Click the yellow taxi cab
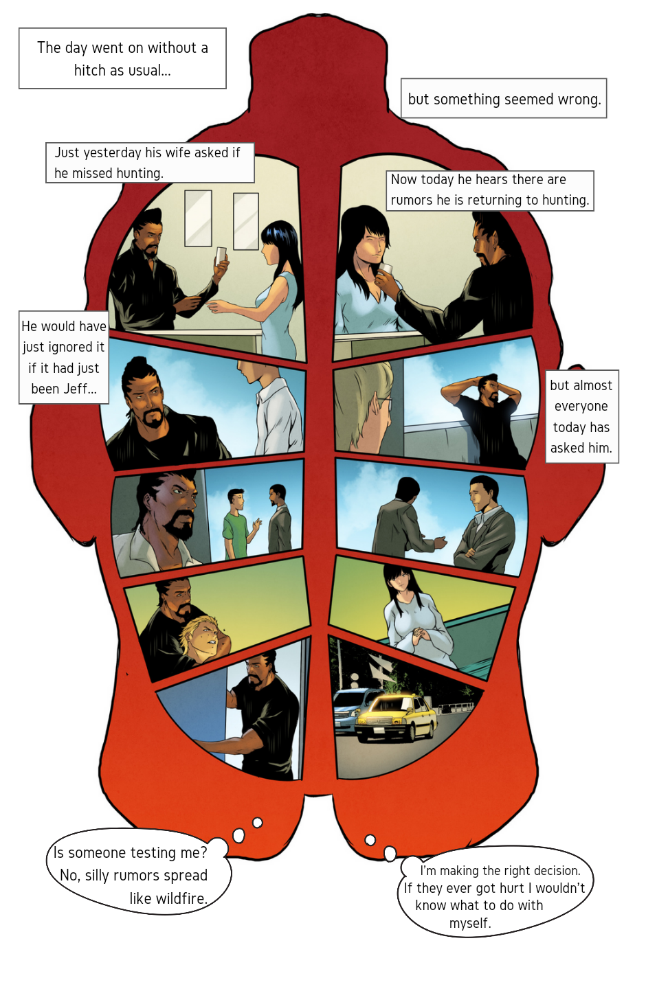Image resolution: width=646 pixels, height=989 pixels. tap(396, 718)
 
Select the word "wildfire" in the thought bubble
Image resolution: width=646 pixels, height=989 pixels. tap(167, 898)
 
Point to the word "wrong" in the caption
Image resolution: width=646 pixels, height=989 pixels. tap(578, 100)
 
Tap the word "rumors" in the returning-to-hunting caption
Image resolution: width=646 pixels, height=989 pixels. tap(412, 200)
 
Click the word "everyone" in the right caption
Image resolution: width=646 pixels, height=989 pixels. tap(581, 406)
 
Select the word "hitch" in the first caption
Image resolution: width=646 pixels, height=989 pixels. tap(86, 70)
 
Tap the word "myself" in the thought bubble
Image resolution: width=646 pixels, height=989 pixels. tap(470, 924)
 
